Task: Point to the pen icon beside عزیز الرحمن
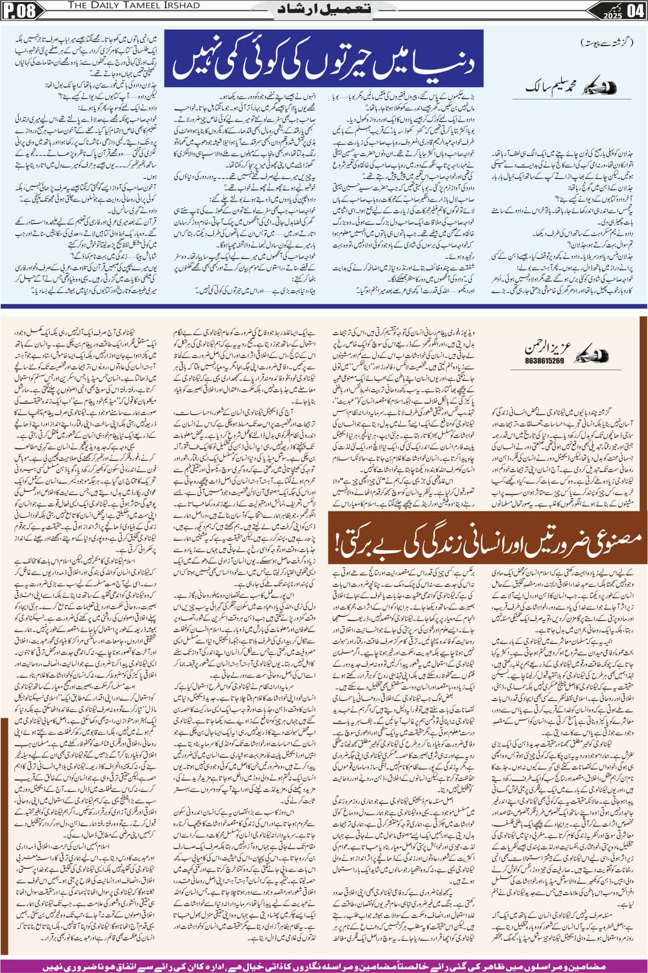tap(580, 349)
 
